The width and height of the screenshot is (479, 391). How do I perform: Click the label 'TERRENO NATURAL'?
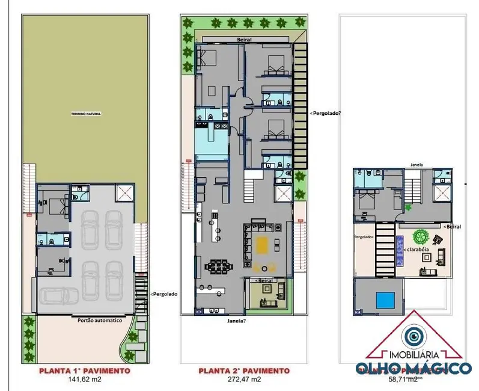87,113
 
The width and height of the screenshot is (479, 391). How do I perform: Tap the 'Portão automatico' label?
100,321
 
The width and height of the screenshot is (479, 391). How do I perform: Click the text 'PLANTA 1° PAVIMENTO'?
84,371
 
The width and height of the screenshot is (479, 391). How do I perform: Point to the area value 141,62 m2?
84,380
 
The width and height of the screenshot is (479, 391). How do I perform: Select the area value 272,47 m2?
243,380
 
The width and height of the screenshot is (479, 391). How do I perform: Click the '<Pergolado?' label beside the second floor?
325,112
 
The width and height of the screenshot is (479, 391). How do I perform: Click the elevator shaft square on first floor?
125,193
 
